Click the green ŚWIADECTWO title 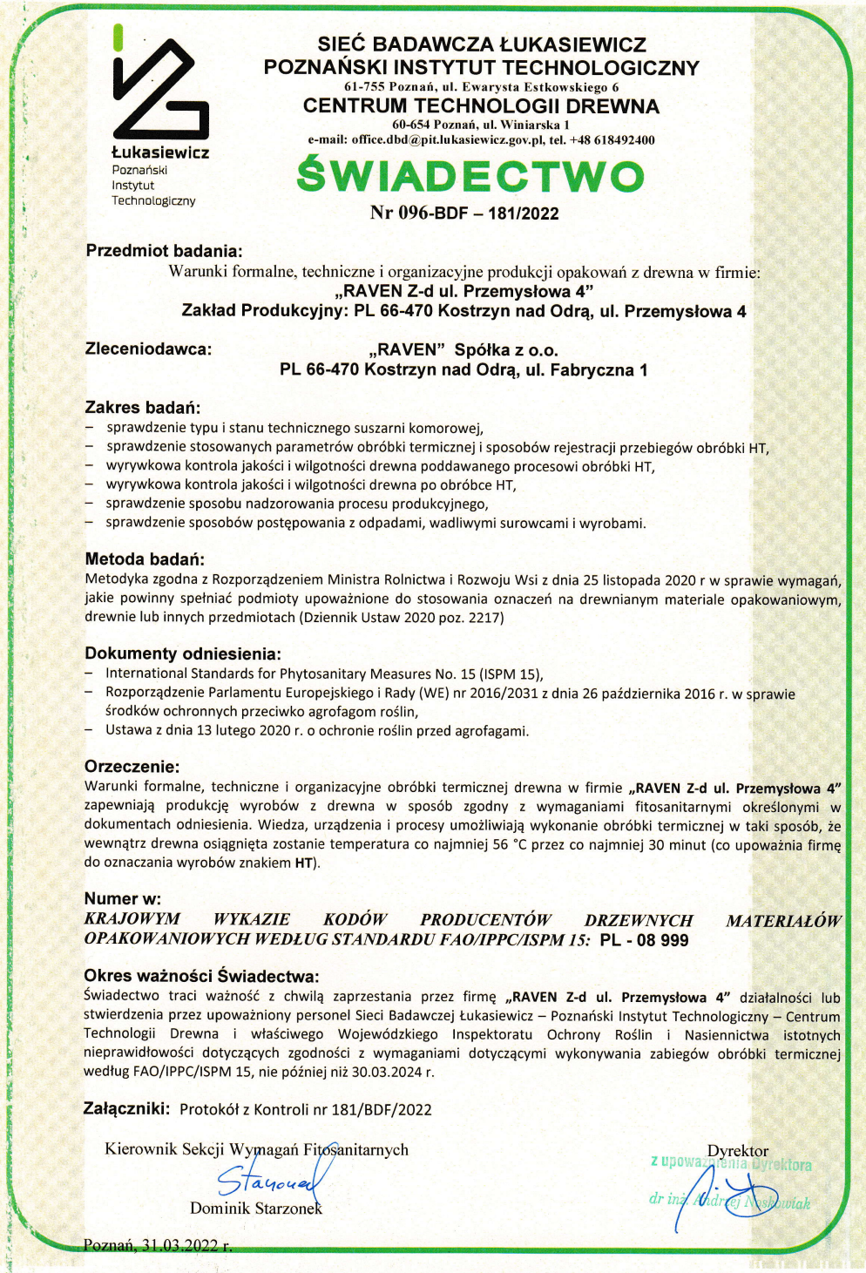[470, 176]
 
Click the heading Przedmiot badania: [164, 251]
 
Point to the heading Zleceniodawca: [148, 349]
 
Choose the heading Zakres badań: [142, 407]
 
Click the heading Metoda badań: [145, 559]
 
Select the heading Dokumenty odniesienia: [182, 653]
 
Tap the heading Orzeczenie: [132, 767]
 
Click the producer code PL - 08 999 [644, 940]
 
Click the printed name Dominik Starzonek [256, 1209]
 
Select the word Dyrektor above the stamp [738, 1151]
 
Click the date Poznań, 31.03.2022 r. [158, 1245]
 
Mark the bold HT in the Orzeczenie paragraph [303, 863]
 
